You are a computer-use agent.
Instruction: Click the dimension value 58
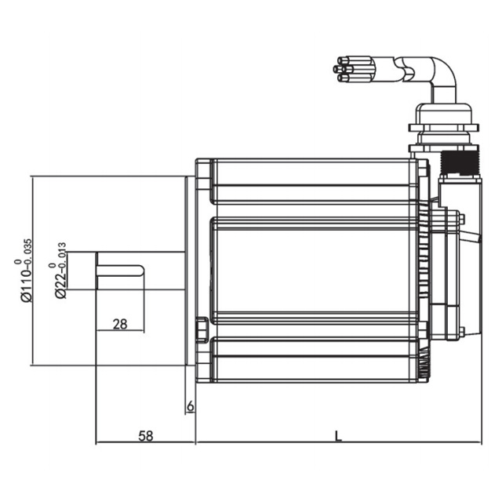[146, 436]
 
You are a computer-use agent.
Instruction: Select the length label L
[338, 436]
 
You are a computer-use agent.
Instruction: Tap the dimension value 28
[120, 324]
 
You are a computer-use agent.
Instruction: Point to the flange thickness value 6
[190, 406]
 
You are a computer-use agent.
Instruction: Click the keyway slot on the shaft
[120, 271]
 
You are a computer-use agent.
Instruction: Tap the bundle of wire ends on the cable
[352, 69]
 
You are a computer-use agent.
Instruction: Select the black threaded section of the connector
[460, 162]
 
